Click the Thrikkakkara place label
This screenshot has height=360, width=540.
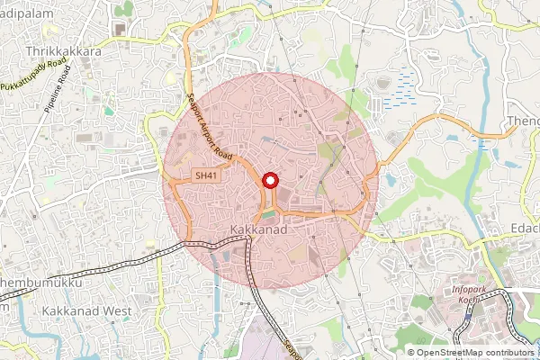(64, 52)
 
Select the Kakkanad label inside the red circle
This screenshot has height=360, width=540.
(258, 231)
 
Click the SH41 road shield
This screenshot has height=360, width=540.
(206, 176)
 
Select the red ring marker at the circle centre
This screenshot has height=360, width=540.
(269, 182)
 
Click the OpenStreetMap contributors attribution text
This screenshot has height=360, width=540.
(476, 353)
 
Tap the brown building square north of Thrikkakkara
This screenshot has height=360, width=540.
(119, 29)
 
